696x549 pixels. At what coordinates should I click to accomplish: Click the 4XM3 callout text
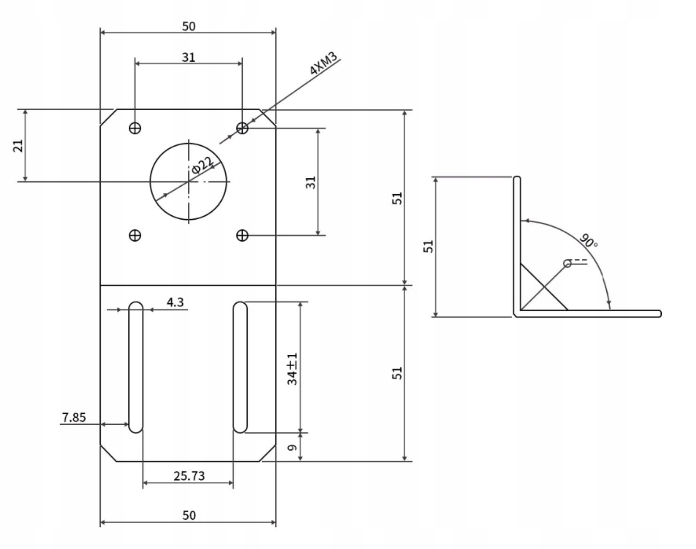(x=323, y=63)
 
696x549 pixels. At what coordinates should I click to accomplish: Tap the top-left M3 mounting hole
(x=135, y=128)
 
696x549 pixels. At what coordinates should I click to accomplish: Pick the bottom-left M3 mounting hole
(x=135, y=235)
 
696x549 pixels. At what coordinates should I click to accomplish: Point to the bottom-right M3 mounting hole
(x=242, y=235)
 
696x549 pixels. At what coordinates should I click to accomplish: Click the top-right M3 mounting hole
(x=242, y=128)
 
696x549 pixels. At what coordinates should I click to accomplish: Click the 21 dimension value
(x=18, y=146)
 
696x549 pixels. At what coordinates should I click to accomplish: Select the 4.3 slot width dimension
(x=175, y=302)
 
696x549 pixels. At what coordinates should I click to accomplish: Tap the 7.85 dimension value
(x=74, y=418)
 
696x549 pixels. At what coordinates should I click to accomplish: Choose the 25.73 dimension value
(x=189, y=476)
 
